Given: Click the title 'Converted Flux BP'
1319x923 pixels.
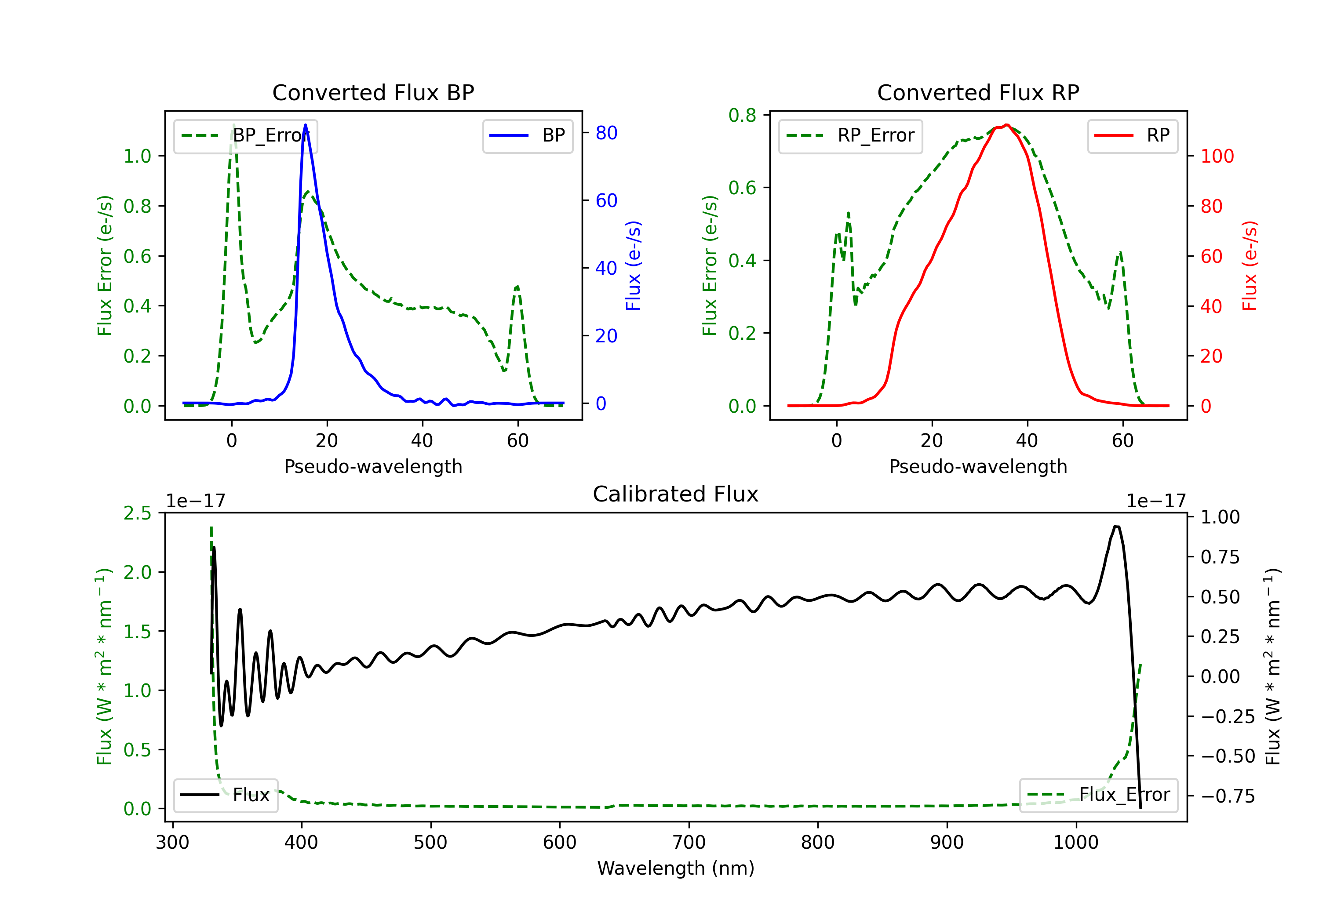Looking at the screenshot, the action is [x=373, y=92].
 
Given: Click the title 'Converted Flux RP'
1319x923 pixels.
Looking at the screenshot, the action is [x=978, y=92].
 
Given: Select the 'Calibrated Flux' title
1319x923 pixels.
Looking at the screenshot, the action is [x=676, y=494].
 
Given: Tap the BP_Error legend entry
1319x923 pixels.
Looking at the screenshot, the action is [x=245, y=135].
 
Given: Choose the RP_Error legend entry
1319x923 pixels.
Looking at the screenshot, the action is [x=850, y=135].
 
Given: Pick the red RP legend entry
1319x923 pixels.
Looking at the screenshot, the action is [x=1132, y=135].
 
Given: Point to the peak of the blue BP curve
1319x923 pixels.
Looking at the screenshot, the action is [x=305, y=125].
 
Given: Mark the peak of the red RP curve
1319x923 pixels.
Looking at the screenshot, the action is [x=1006, y=125].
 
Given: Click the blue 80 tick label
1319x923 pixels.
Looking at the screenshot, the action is [x=606, y=133].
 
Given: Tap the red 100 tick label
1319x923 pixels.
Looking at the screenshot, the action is [x=1217, y=156].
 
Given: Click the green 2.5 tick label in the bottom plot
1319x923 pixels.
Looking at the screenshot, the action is [x=137, y=513].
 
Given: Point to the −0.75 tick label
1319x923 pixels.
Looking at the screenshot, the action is [x=1228, y=796].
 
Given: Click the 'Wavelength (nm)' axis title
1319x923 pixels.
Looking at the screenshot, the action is [x=676, y=868].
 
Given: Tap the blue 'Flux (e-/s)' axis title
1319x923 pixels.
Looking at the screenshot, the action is [x=633, y=266].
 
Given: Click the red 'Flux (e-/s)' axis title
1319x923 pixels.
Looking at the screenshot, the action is [x=1250, y=266].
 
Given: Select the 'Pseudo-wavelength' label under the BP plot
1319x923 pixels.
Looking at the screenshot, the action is [x=373, y=466].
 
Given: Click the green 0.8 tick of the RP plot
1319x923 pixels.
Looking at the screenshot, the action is [x=742, y=115].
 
